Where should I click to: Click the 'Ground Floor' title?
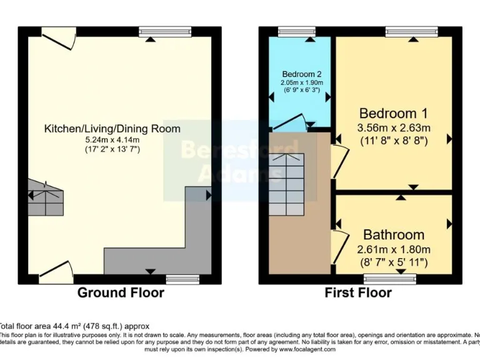click(x=121, y=292)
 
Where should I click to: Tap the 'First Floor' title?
click(x=358, y=292)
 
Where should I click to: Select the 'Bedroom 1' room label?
click(x=393, y=113)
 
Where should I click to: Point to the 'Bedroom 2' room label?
click(x=301, y=73)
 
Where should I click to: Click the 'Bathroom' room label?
click(x=394, y=235)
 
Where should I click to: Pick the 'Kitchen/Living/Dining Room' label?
click(x=112, y=129)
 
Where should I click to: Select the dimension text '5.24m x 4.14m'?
click(x=112, y=140)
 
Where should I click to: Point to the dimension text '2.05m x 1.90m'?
click(x=301, y=82)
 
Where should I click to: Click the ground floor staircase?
click(x=46, y=197)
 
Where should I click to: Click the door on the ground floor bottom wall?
click(x=57, y=269)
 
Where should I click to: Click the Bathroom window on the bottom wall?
click(x=389, y=279)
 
